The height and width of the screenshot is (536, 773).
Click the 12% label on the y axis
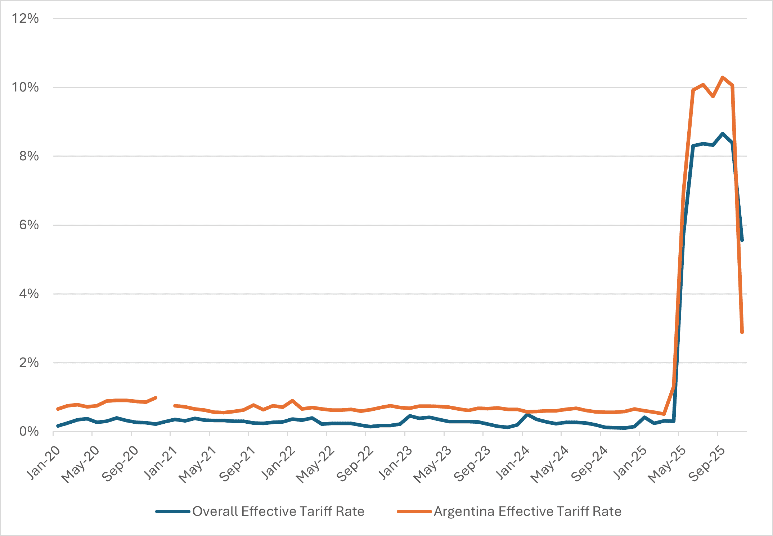tap(25, 18)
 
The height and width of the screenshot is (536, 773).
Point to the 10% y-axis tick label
tap(25, 87)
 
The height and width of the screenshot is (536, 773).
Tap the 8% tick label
tap(28, 156)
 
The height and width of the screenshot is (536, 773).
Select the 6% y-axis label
tap(28, 225)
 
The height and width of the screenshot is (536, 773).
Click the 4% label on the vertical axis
tap(28, 294)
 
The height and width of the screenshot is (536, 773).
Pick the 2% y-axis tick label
tap(28, 362)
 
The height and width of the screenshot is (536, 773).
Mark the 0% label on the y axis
tap(28, 431)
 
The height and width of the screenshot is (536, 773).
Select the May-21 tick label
tap(198, 464)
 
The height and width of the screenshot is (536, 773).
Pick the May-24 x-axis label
tap(550, 464)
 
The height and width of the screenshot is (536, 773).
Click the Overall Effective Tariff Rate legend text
tap(278, 512)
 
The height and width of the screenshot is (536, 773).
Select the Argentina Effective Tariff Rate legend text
tap(527, 512)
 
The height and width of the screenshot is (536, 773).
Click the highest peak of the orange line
tap(723, 77)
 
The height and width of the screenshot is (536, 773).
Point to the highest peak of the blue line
tap(723, 134)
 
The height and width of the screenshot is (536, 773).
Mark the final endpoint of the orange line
tap(742, 332)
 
